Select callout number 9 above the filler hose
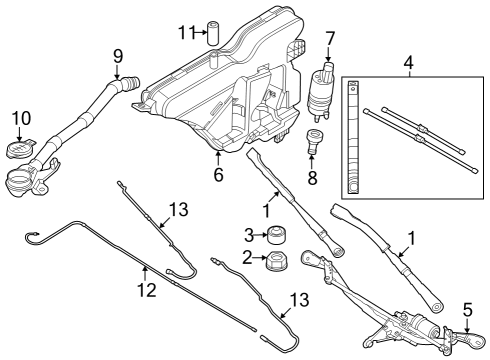(x=117, y=55)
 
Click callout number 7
(x=329, y=40)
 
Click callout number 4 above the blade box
(x=409, y=64)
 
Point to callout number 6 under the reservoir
(x=219, y=174)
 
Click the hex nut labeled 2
(x=272, y=262)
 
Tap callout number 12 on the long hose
(x=146, y=290)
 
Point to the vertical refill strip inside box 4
(x=352, y=140)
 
